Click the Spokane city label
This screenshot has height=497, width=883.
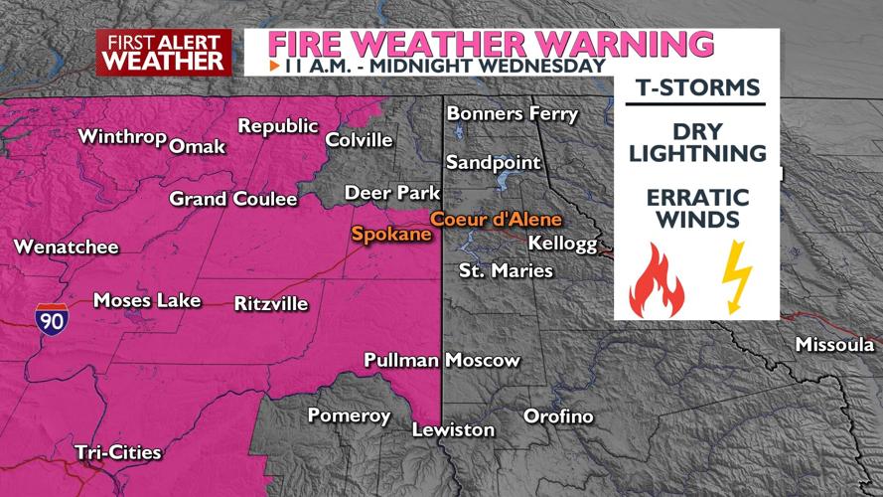point(391,235)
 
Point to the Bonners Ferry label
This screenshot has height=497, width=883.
point(513,113)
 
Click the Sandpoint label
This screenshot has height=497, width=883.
point(494,162)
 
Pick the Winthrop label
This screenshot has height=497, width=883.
point(121,136)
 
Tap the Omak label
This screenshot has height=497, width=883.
point(198,147)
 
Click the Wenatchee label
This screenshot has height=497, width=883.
point(66,247)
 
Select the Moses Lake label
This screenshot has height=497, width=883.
point(147,299)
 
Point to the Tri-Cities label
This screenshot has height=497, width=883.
point(118,452)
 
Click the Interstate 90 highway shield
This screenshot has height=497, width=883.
point(49,317)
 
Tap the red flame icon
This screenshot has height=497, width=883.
point(657,280)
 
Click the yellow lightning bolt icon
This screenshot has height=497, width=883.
point(736,278)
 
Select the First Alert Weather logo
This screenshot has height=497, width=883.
point(164,52)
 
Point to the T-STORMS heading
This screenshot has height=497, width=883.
point(694,87)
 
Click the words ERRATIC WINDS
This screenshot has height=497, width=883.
point(695,207)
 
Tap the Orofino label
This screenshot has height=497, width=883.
point(558,416)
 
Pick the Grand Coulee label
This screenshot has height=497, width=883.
point(233,199)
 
